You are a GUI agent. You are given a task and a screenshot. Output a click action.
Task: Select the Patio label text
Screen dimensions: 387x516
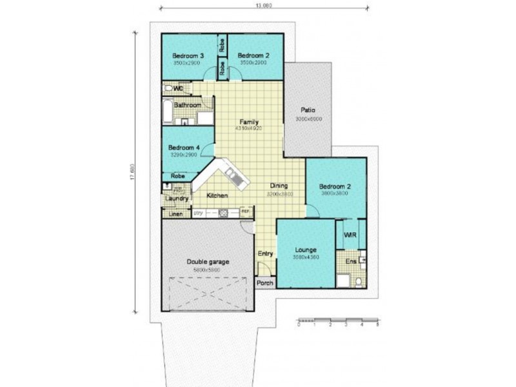click(308, 110)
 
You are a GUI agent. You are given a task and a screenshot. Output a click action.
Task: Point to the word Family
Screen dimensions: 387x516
click(249, 122)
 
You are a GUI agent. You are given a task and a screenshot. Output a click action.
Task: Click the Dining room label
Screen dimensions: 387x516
click(279, 185)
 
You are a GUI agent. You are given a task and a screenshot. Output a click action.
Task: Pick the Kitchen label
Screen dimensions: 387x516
click(217, 195)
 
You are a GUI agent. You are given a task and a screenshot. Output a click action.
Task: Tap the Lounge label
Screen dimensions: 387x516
click(305, 249)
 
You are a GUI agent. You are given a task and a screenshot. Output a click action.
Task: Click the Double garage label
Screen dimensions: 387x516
click(208, 261)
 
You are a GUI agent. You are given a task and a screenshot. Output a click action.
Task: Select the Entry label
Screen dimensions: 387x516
click(265, 254)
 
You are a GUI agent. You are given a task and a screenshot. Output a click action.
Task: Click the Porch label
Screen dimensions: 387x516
click(265, 283)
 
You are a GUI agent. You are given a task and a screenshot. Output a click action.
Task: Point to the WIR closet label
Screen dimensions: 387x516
click(351, 235)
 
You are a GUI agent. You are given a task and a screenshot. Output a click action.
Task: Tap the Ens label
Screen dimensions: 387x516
click(350, 261)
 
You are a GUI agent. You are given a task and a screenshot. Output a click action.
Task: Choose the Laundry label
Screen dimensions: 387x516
click(176, 199)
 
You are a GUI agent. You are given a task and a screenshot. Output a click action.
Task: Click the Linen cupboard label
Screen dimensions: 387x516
click(176, 213)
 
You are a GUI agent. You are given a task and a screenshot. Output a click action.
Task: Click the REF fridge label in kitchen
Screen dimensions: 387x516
click(245, 212)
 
